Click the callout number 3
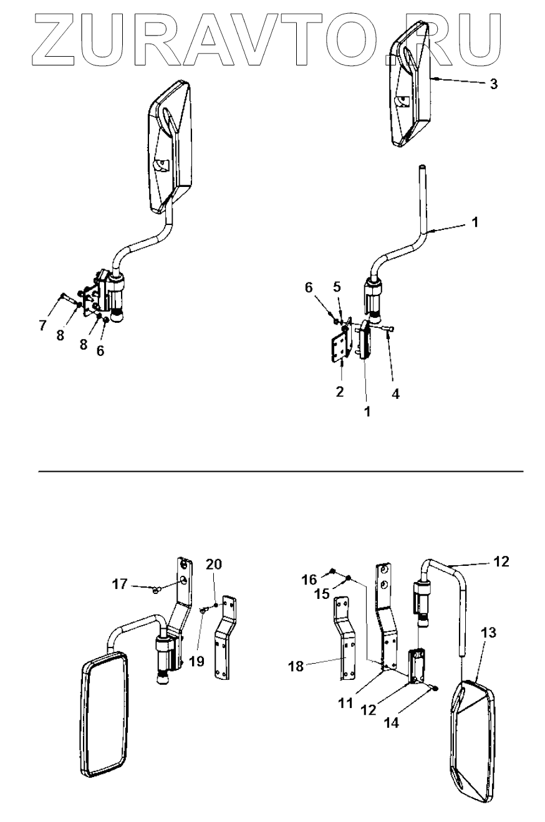coord(493,84)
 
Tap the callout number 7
coord(43,325)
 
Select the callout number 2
coord(340,391)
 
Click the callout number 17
coord(120,584)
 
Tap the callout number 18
coord(296,666)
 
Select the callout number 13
coord(489,633)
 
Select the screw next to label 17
coord(155,588)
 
